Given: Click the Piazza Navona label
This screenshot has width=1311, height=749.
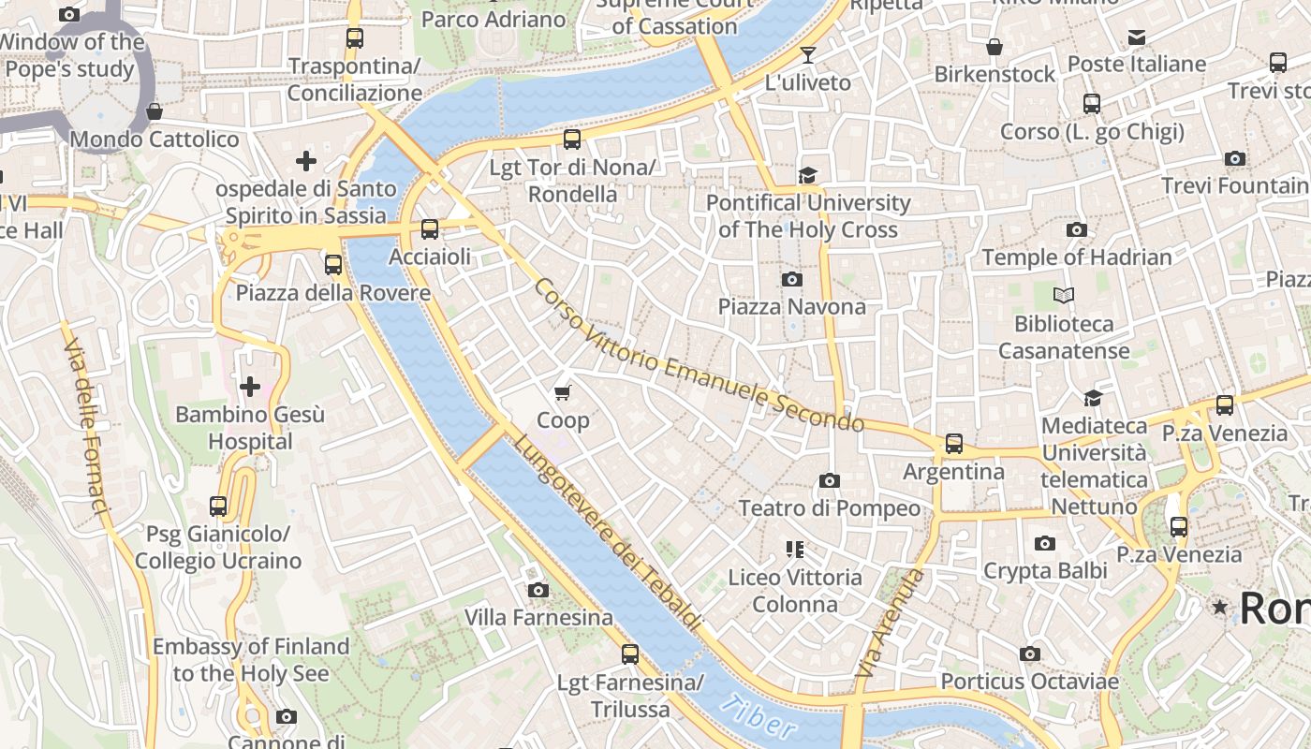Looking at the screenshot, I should (x=791, y=306).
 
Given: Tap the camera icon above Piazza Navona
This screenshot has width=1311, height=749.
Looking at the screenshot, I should (x=791, y=279).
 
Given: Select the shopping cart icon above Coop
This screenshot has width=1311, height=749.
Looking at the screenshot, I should (x=563, y=393).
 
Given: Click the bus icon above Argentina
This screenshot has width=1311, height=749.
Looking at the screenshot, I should (x=953, y=444).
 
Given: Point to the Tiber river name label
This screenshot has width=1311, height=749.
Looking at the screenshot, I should (x=760, y=718).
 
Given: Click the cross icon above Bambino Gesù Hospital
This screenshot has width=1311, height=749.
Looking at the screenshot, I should (x=250, y=387).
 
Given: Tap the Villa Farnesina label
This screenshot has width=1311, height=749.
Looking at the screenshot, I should (x=538, y=617).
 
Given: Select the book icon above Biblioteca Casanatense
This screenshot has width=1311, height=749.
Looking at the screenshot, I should (x=1063, y=296).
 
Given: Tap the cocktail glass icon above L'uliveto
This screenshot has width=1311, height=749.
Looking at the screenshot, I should (x=807, y=55).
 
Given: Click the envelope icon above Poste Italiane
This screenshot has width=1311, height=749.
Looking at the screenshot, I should (x=1136, y=37).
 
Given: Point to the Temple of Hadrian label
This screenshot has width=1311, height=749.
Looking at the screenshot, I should (x=1076, y=257).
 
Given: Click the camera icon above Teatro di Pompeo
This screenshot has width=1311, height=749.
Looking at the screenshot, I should (x=829, y=481).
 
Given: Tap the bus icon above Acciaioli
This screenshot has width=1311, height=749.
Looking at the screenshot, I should (x=430, y=229).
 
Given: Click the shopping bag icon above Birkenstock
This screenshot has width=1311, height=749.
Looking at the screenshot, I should (x=994, y=47).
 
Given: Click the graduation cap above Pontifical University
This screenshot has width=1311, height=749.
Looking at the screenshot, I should (x=807, y=175).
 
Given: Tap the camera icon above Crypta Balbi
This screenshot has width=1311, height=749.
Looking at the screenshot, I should (x=1044, y=544).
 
